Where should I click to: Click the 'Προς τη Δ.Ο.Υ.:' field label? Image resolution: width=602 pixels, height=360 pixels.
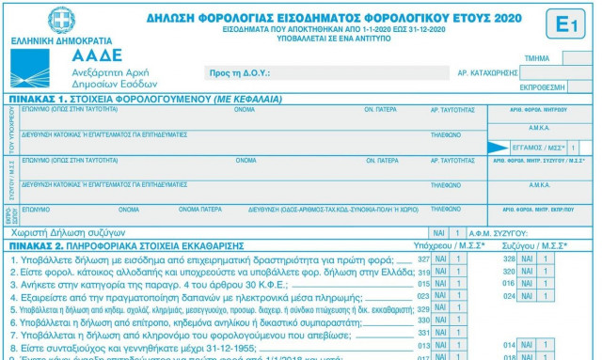(239, 72)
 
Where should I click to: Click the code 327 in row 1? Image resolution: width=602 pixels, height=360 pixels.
(423, 258)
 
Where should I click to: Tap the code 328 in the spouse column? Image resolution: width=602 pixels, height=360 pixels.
(509, 258)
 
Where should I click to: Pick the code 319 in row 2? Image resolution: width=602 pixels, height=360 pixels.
(423, 271)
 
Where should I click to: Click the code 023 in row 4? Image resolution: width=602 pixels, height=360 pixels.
(423, 296)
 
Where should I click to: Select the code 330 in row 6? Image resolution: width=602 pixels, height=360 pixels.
(423, 321)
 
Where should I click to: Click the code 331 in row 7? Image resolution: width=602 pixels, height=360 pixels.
(423, 333)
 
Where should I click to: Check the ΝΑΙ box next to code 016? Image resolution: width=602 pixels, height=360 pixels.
(527, 283)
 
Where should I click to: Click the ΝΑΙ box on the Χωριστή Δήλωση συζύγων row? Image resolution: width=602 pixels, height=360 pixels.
(438, 232)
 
